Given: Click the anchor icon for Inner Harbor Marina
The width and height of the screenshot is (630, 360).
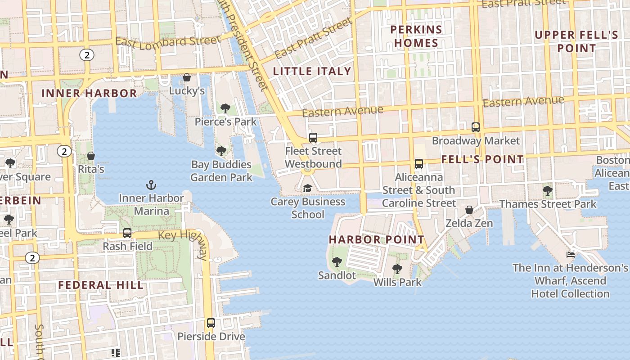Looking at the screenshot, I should tap(151, 185).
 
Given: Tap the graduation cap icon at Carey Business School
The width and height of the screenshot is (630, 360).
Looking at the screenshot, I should tap(307, 188).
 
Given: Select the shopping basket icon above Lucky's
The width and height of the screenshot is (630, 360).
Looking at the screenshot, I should tap(187, 78).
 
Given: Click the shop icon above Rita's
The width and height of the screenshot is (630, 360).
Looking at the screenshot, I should tap(91, 156).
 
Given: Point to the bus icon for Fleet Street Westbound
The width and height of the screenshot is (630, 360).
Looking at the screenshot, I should tap(313, 138).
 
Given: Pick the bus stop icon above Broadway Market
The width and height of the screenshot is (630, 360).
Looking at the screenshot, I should tap(476, 127).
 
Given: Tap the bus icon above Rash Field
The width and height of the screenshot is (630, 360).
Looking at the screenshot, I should tap(127, 233).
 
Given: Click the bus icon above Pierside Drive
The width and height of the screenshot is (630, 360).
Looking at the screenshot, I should tap(211, 323).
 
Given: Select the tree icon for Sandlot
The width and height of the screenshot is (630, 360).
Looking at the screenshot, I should tap(337, 262).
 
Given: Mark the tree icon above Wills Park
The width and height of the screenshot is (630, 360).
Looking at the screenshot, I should tap(397, 269).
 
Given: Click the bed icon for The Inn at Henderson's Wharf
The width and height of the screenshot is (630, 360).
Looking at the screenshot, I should tap(570, 255).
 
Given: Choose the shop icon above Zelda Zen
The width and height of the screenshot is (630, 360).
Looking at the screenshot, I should tap(469, 210).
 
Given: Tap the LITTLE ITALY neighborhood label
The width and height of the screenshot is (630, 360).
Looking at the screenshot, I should tap(312, 71).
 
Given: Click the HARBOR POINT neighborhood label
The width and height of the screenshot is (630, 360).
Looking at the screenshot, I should tap(376, 239).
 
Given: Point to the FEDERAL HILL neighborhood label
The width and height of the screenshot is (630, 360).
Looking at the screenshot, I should tap(101, 285).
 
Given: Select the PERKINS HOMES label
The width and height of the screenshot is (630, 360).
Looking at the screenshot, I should tap(416, 36).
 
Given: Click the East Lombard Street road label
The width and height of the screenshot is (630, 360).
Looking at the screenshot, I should tap(168, 41).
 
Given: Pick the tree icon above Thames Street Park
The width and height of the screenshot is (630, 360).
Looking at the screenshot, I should tap(547, 191).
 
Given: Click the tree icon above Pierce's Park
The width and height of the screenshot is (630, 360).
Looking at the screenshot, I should tap(225, 108).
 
